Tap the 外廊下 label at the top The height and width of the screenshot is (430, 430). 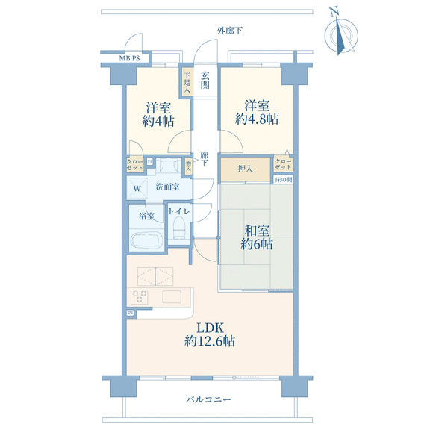229,31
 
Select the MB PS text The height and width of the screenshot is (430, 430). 129,58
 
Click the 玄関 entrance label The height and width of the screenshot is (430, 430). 205,81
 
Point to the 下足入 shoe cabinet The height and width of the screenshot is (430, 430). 187,82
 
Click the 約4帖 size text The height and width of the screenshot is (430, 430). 158,122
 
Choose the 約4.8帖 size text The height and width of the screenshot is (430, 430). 257,119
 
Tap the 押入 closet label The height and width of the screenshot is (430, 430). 245,169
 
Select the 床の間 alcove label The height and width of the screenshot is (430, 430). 283,180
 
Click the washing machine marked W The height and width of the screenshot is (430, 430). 137,188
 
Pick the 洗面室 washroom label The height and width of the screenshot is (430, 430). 167,187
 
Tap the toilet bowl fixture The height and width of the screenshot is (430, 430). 180,228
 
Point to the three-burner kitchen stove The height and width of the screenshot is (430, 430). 140,296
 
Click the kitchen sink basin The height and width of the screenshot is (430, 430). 172,296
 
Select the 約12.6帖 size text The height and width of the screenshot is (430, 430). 210,341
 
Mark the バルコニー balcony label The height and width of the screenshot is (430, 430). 208,399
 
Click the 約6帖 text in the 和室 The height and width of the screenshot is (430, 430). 257,244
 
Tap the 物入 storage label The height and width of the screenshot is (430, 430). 188,166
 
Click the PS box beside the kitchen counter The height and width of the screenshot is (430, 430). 131,313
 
